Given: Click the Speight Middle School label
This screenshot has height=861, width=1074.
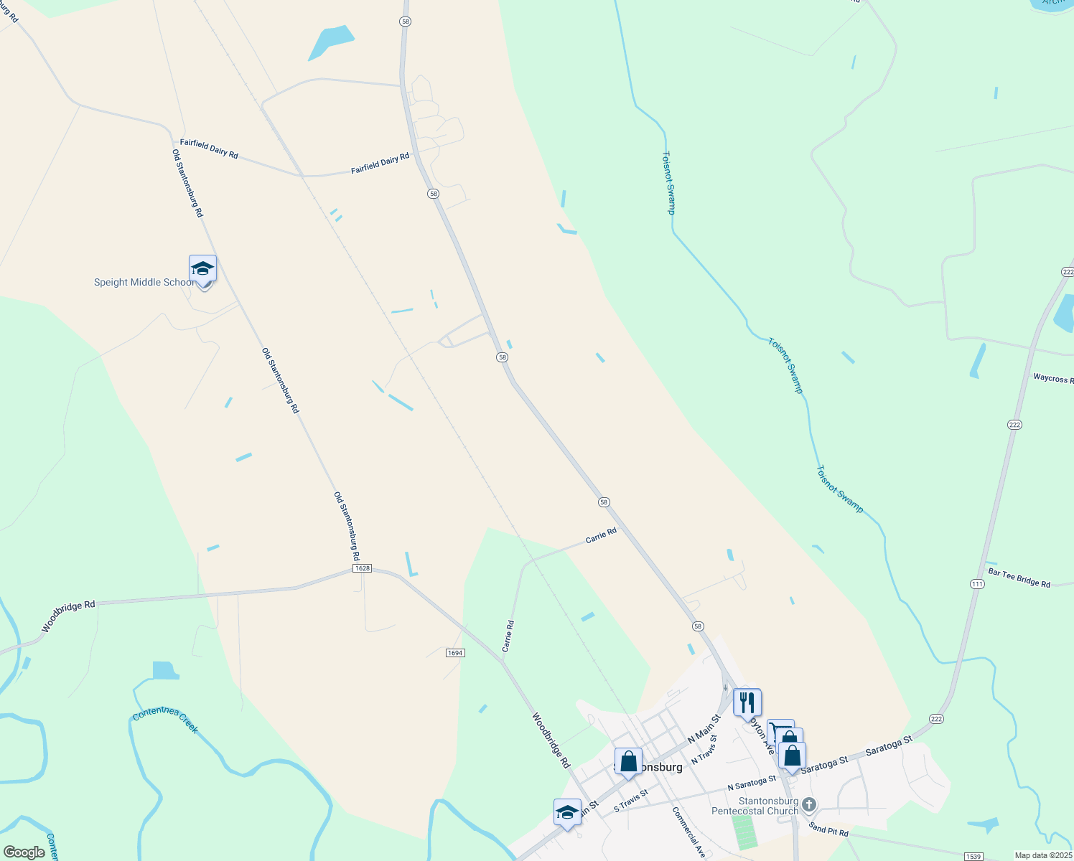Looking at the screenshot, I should point(144,283).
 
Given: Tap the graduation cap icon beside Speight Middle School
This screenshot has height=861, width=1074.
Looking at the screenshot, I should point(202,269).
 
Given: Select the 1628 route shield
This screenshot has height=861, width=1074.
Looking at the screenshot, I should point(362,568).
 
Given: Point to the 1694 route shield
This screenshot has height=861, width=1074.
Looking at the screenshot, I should point(455,653).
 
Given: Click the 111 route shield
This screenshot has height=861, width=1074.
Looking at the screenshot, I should point(977,584).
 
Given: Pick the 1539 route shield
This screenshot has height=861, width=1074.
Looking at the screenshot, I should point(973,857).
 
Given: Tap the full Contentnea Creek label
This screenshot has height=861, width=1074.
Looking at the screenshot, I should point(166,718).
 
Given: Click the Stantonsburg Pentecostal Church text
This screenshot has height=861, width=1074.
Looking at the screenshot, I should point(755,806).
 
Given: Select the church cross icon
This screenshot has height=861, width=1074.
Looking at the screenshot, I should point(809,804).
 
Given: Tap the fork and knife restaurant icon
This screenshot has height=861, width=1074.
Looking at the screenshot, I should point(747,702).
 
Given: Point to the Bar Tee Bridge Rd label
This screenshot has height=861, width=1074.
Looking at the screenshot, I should point(1019,578).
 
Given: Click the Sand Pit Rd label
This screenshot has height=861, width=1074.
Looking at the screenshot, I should point(828,829).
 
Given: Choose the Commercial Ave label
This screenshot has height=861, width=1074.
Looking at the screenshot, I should point(688,832).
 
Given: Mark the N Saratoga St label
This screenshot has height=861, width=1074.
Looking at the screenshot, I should point(752,783).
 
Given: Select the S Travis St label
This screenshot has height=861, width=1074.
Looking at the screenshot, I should point(631,801).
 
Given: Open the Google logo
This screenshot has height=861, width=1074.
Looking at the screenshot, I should point(24,852).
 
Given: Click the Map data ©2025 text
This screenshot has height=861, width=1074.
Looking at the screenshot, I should point(1042,855).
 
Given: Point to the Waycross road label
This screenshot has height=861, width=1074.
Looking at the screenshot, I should point(1052,378).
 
